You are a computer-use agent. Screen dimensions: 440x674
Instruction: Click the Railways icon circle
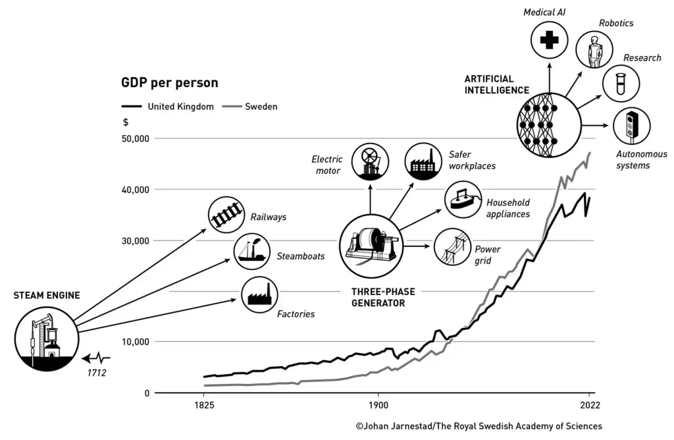(226, 215)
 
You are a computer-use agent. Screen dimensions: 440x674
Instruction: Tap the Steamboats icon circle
(253, 251)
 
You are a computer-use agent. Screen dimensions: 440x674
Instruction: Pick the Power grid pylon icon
(453, 246)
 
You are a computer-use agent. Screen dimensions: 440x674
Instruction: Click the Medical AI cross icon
(549, 40)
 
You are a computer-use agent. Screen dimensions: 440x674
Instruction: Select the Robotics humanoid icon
(595, 50)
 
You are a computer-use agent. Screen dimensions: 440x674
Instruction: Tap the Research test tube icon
(621, 83)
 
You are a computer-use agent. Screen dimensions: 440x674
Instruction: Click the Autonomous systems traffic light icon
(632, 125)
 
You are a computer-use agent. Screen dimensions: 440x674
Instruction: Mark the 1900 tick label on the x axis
(377, 405)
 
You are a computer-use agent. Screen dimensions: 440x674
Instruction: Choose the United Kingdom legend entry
(168, 106)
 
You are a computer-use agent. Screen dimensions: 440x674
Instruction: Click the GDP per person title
(169, 84)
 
